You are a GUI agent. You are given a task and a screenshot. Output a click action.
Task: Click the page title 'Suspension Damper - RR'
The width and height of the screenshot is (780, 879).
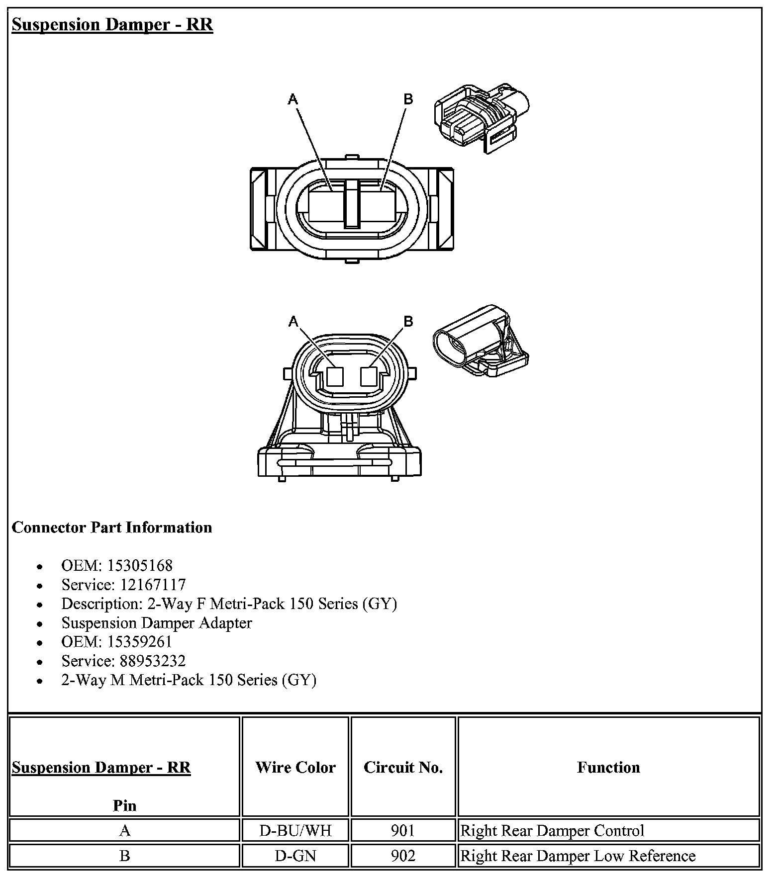pos(112,24)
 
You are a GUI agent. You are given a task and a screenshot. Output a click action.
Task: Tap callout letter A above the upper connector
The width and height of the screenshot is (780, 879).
pos(293,100)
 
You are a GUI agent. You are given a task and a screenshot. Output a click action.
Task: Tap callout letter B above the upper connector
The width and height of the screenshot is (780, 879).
pos(408,99)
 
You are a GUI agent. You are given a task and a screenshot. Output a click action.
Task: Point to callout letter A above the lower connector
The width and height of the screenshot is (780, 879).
pos(293,322)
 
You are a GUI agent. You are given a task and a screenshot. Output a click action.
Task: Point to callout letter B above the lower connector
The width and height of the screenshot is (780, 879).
pos(408,321)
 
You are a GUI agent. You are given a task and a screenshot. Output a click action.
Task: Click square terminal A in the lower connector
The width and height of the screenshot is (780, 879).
pos(335,376)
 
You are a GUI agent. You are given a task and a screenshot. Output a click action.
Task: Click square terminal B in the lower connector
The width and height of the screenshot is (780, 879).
pos(369,376)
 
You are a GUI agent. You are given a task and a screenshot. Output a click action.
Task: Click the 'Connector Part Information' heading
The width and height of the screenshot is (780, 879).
pos(112,527)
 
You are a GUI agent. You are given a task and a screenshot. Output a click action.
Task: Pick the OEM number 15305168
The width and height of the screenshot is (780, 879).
pos(140,566)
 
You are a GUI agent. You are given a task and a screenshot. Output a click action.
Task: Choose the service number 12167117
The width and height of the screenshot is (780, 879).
pos(153,585)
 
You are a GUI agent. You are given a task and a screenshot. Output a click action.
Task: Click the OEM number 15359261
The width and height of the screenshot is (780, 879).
pos(140,642)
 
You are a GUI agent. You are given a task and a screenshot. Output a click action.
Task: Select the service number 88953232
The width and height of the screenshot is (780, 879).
pos(153,661)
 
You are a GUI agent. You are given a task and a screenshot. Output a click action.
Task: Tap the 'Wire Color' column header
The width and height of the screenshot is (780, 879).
pos(295,767)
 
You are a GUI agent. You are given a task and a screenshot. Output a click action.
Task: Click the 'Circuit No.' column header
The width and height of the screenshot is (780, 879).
pos(403,767)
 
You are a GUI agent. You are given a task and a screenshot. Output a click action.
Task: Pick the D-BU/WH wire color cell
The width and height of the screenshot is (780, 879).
pos(295,831)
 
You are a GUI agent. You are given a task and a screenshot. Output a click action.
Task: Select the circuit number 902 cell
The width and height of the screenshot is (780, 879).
pos(403,856)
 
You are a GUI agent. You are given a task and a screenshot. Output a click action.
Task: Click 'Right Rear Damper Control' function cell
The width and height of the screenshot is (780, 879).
pos(552,831)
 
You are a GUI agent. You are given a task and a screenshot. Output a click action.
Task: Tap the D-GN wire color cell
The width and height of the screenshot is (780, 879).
pos(295,856)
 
